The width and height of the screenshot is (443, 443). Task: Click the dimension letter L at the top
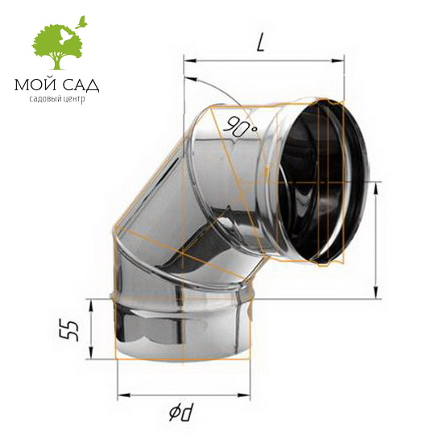261,43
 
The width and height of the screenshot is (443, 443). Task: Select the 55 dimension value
68,330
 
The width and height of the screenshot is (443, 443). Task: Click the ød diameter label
183,413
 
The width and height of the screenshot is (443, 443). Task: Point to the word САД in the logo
81,85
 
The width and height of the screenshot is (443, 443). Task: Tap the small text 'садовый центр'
57,99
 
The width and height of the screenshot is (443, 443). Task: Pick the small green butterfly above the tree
81,23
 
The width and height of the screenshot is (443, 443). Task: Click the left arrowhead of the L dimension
190,60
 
